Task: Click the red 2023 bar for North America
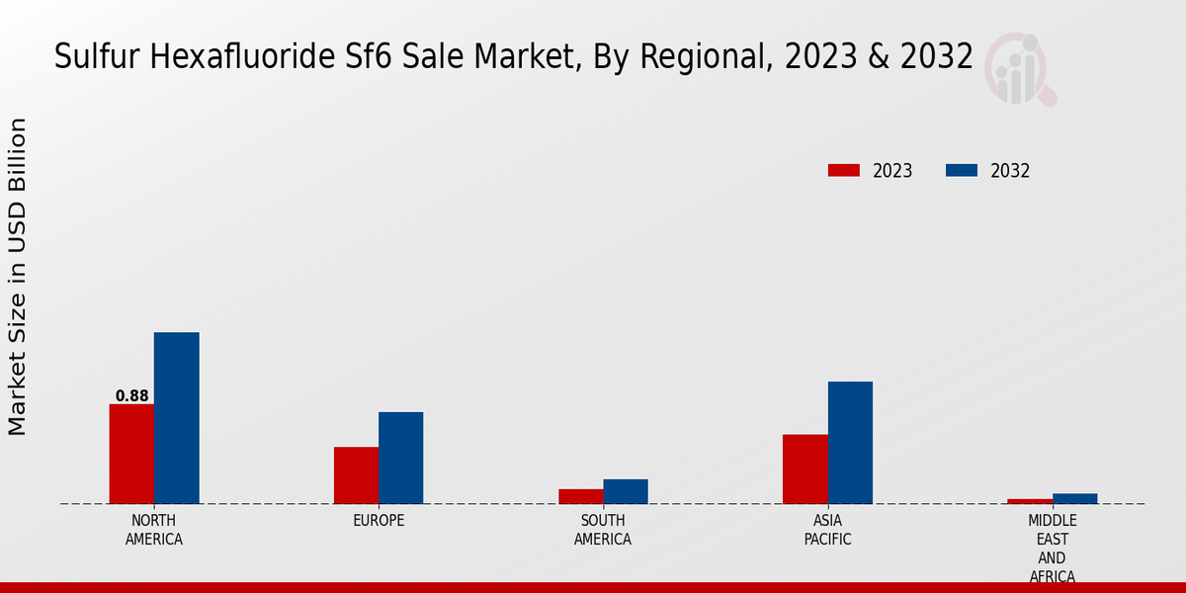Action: [131, 454]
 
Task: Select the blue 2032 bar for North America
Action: [176, 418]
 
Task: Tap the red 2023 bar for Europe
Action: [356, 475]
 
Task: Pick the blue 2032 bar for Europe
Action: [400, 458]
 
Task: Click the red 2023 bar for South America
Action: [580, 496]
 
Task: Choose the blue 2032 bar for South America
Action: [626, 491]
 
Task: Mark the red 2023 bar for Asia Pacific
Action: [805, 468]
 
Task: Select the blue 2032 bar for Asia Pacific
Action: [850, 443]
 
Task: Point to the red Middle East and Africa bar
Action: [1030, 501]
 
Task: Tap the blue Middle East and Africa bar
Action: [1074, 498]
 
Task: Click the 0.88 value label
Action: [131, 396]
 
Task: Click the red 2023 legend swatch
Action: [843, 171]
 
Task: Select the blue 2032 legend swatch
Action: [961, 171]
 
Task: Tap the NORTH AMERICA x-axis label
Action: [154, 530]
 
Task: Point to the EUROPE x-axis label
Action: [379, 521]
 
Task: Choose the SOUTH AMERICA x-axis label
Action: [603, 530]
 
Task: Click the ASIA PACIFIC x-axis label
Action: [827, 530]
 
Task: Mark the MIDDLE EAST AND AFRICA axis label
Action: [1053, 549]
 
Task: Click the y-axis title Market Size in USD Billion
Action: [18, 277]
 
